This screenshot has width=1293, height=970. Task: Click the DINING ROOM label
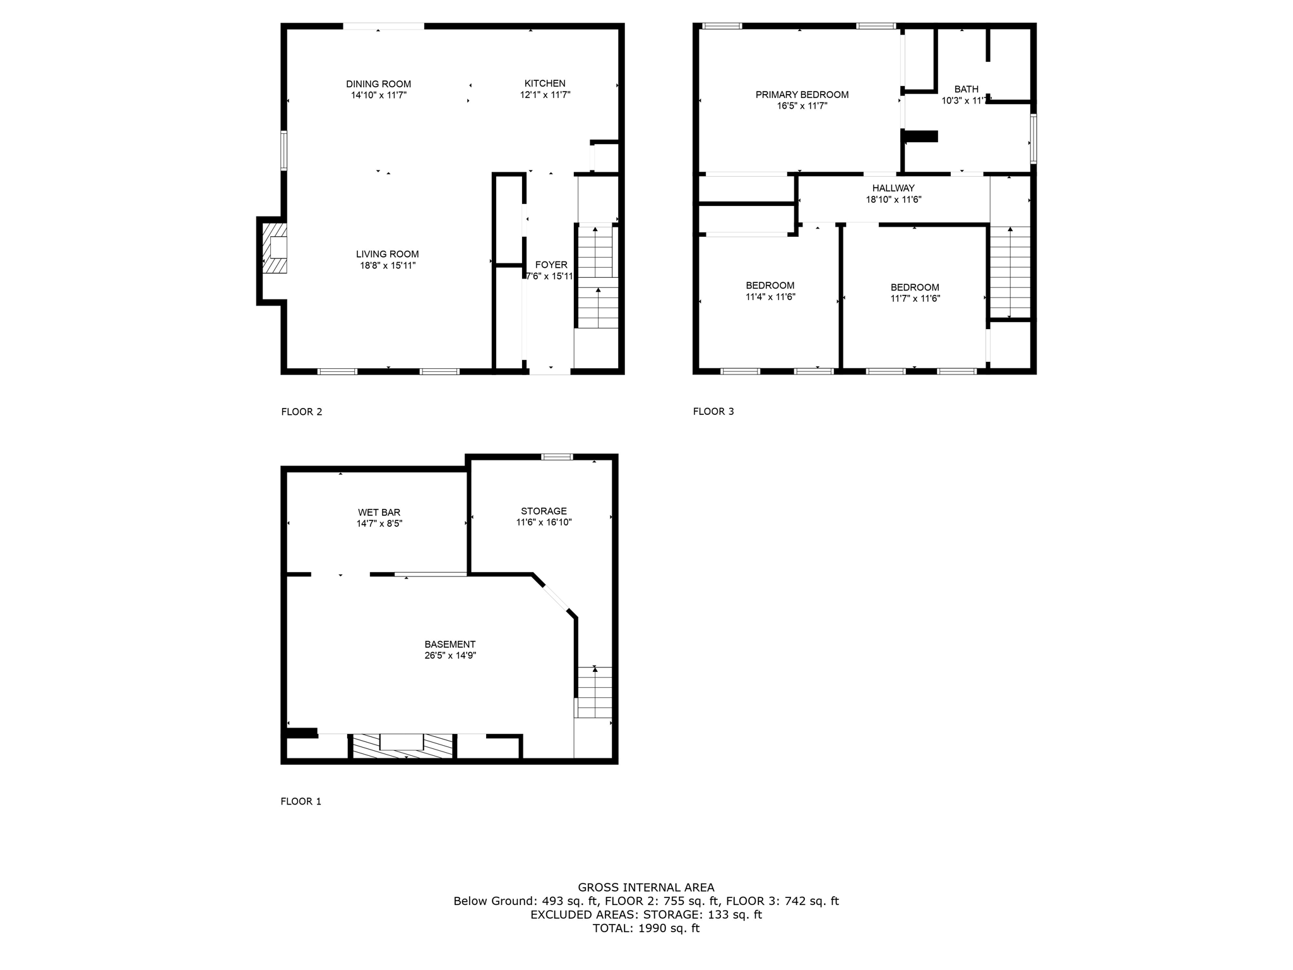click(378, 84)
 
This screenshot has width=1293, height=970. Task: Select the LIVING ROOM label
click(387, 254)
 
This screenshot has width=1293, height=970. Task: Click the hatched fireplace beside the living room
click(275, 246)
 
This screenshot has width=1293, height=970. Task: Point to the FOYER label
click(551, 265)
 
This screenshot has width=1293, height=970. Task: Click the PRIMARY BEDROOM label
click(802, 95)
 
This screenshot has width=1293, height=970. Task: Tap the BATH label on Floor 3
click(966, 90)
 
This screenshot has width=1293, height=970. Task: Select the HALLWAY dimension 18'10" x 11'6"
click(893, 200)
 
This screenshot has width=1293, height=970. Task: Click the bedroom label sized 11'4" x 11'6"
click(770, 285)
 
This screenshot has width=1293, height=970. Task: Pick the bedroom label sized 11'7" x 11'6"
click(915, 287)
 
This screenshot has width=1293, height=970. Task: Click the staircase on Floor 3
click(1010, 272)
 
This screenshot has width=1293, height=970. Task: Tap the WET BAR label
click(379, 512)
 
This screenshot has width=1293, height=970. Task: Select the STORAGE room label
click(544, 511)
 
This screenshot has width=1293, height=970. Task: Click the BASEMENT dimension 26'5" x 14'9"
click(450, 656)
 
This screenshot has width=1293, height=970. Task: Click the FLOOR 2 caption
click(302, 412)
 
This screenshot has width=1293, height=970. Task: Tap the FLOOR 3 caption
click(713, 411)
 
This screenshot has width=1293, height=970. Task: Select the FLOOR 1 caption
click(301, 801)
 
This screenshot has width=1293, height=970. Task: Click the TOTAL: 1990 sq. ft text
click(646, 928)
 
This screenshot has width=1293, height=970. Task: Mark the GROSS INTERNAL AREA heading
click(646, 887)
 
